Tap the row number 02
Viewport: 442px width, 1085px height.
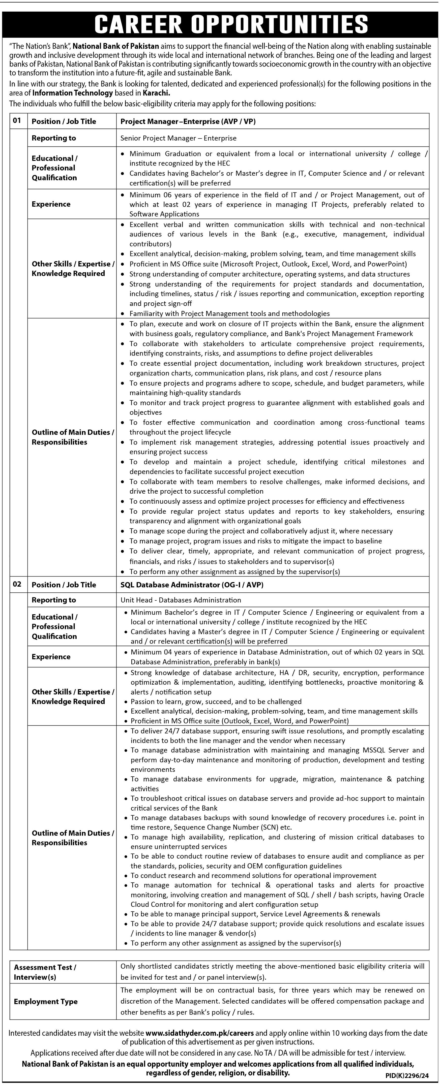click(x=17, y=584)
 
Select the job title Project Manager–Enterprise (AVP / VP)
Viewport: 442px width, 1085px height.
click(x=188, y=121)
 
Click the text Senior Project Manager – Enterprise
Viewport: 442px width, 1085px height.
click(x=178, y=138)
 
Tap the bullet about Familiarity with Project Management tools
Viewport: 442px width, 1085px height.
click(x=230, y=313)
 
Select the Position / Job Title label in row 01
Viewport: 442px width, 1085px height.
click(x=64, y=121)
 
